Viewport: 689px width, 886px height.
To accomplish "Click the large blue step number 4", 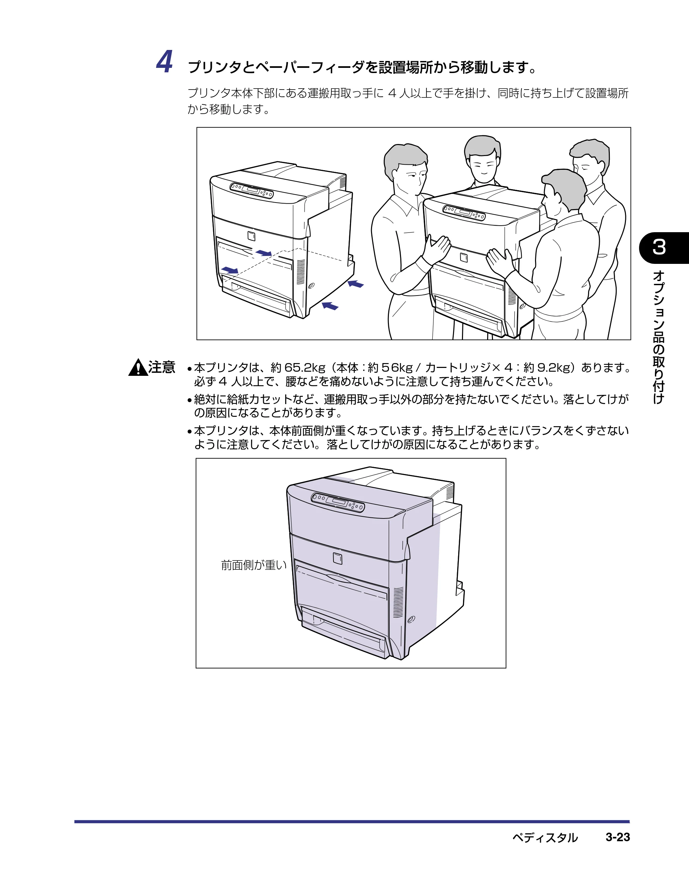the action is click(165, 62).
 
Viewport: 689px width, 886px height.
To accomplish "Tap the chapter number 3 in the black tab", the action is click(659, 247).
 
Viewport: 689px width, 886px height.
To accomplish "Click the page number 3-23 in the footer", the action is click(618, 837).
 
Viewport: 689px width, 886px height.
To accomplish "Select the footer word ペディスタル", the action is click(545, 837).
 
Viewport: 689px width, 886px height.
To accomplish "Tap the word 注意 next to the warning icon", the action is click(162, 367).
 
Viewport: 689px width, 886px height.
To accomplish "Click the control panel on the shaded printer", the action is click(338, 502).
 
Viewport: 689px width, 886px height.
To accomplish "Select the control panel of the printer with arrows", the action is click(251, 190).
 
